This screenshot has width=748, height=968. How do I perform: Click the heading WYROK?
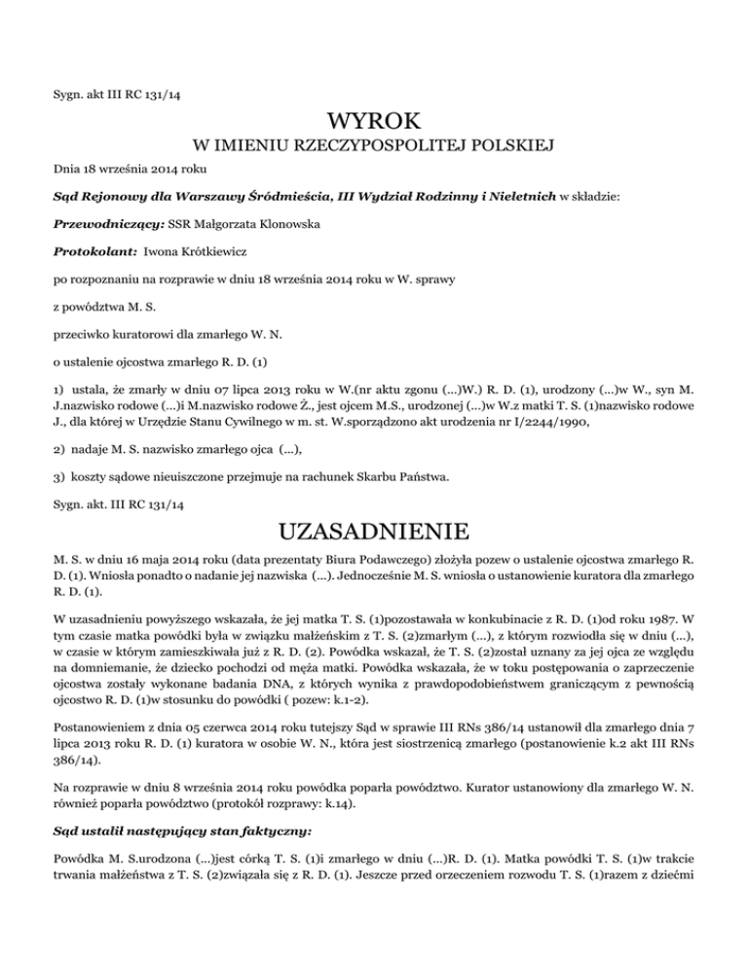click(374, 123)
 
